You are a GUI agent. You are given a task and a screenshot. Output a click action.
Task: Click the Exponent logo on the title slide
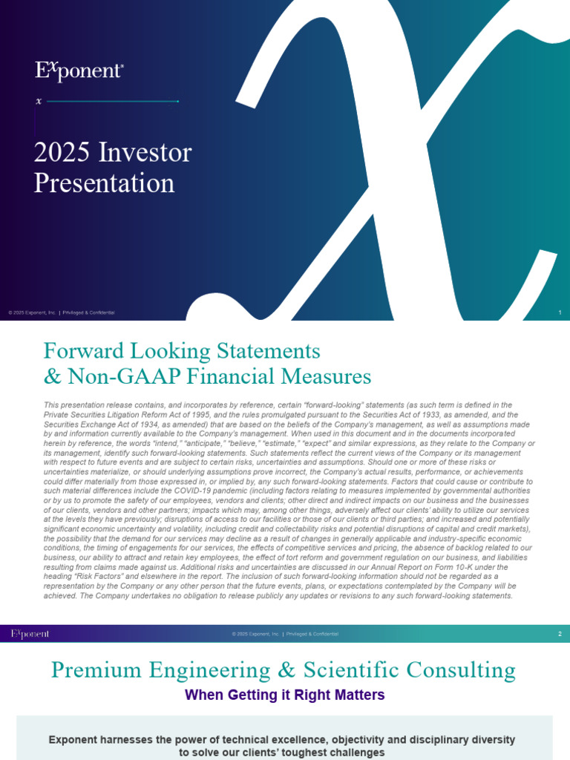click(x=79, y=71)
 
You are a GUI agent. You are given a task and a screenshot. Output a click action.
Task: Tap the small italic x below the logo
click(x=39, y=101)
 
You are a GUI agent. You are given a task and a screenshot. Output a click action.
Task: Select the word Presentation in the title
click(x=104, y=183)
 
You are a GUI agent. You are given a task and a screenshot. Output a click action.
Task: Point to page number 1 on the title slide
click(x=559, y=312)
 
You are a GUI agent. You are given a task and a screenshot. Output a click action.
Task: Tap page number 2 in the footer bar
click(x=559, y=634)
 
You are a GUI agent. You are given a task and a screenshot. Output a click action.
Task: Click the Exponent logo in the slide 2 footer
click(x=30, y=634)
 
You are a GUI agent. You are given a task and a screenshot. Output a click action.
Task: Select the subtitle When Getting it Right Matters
click(x=284, y=695)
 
